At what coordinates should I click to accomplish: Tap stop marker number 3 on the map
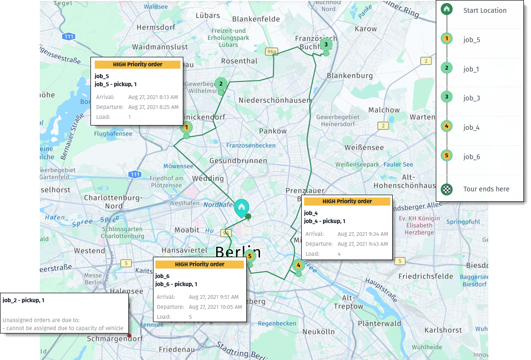point(325,45)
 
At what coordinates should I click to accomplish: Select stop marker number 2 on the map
point(221,84)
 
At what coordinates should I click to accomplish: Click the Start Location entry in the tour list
point(485,10)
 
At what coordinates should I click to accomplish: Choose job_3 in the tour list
point(471,98)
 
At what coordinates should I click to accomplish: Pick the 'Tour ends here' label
point(486,189)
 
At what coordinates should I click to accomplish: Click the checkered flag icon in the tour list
point(446,189)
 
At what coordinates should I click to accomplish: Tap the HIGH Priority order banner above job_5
point(137,64)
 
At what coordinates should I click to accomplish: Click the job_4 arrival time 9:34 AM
point(362,234)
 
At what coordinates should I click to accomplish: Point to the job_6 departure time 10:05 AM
point(215,307)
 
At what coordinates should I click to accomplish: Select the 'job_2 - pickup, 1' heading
point(23,300)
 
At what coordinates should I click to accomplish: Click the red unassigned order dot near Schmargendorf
point(129,335)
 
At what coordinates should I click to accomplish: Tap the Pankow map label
point(272,131)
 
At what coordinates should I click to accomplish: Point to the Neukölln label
point(319,331)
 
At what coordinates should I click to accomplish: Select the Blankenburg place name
point(350,76)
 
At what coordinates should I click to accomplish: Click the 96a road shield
point(270,51)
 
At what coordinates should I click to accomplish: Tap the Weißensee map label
point(364,148)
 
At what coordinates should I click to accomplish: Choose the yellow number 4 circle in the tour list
point(446,126)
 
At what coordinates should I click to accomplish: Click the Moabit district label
point(187,230)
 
